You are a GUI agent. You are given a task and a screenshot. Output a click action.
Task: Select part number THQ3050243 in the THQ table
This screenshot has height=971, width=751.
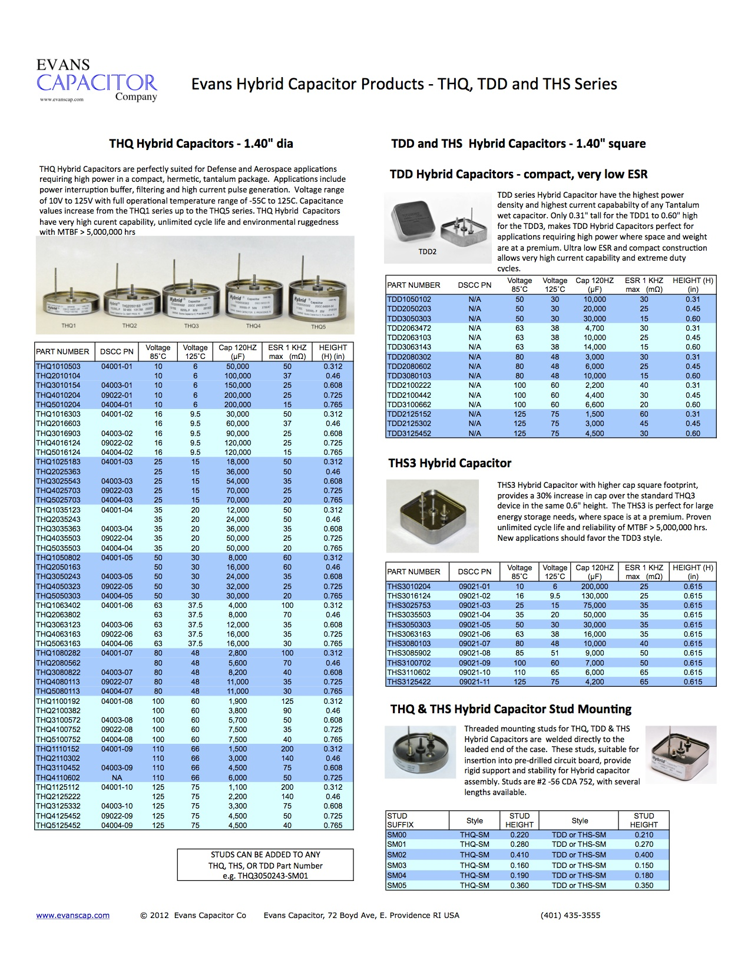click(58, 577)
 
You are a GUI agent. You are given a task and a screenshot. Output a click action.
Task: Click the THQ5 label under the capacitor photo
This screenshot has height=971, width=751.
click(319, 327)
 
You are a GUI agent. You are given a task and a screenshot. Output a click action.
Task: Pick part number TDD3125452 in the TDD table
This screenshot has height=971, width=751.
click(409, 434)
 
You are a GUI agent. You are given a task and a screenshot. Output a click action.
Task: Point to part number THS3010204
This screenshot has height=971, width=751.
click(409, 587)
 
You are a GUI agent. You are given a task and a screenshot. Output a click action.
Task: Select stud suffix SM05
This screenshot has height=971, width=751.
click(396, 885)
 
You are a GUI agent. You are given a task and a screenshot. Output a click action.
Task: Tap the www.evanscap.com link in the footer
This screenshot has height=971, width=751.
click(73, 915)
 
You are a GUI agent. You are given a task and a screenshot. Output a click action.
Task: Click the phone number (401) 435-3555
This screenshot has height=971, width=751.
click(570, 915)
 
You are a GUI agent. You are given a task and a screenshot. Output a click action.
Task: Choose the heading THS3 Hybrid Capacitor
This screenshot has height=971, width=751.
click(450, 463)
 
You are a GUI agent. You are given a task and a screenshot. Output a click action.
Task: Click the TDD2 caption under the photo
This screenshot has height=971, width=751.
click(427, 252)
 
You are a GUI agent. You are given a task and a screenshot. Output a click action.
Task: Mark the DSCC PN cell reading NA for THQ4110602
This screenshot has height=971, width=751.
click(117, 777)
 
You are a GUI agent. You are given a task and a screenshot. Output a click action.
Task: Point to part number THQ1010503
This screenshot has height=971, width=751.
click(58, 366)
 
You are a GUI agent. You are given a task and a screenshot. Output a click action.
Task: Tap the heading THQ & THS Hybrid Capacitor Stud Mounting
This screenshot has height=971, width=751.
click(511, 709)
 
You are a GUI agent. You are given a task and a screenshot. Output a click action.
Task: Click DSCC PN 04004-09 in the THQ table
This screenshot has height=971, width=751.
click(117, 826)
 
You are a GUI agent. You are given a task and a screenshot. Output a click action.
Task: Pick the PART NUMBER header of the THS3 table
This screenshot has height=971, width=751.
click(413, 571)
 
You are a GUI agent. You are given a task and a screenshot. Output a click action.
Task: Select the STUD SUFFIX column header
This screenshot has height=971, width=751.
click(398, 820)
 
